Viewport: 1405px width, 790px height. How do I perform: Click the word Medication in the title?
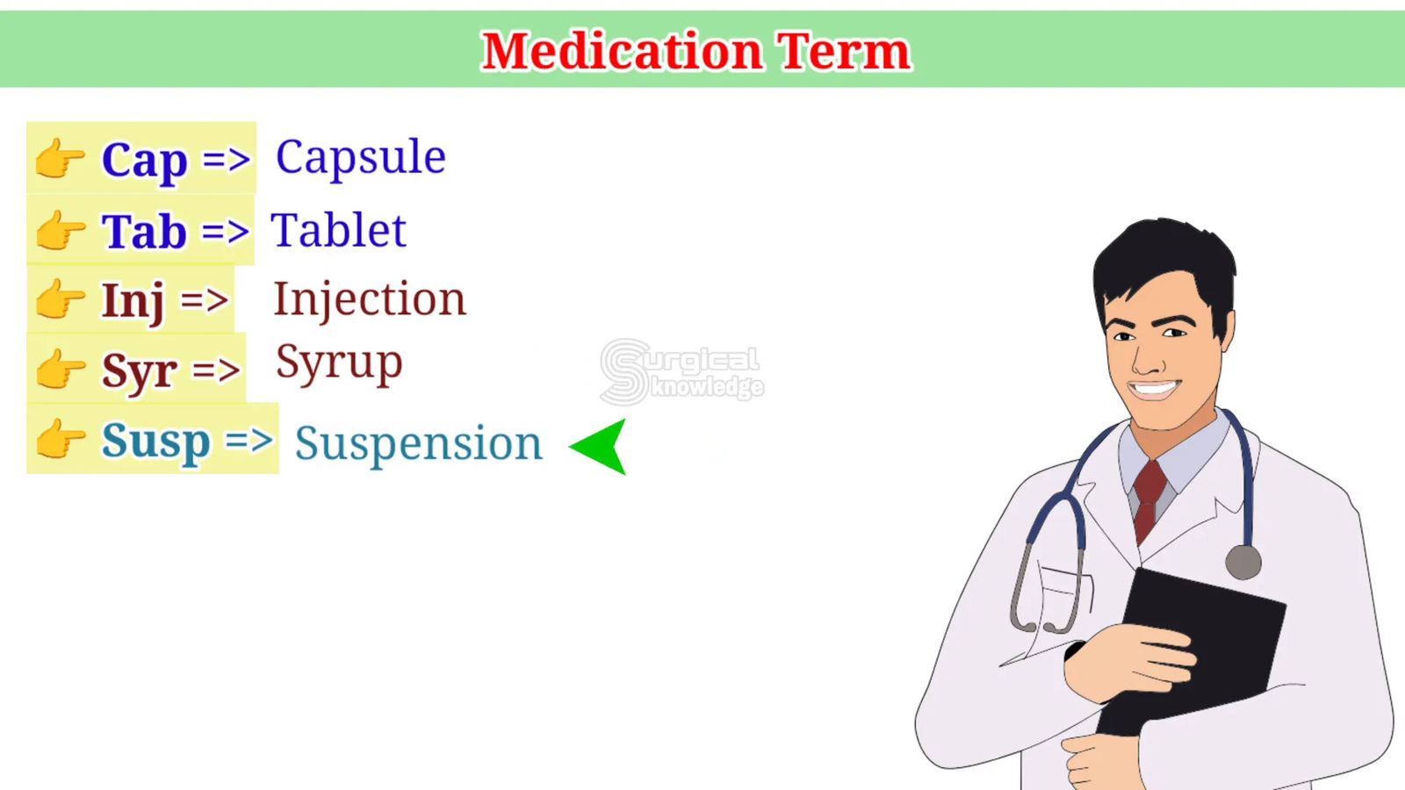click(622, 51)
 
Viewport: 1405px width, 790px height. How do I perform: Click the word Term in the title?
click(844, 51)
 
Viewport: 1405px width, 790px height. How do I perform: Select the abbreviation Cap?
click(144, 162)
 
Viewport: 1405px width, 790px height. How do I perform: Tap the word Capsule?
click(361, 158)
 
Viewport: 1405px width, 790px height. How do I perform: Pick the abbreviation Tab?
click(144, 231)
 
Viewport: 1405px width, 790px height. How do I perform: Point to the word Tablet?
click(339, 230)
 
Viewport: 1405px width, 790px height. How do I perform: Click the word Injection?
click(370, 300)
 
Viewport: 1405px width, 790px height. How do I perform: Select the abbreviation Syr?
click(140, 373)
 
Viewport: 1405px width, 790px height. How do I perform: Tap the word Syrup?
click(339, 363)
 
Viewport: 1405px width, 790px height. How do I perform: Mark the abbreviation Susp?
click(155, 443)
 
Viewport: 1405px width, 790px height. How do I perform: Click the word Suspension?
click(418, 445)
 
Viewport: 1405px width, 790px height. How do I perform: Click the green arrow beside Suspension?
click(598, 447)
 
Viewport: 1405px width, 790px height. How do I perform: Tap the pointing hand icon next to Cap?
click(61, 158)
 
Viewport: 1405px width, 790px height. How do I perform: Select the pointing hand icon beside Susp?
click(61, 438)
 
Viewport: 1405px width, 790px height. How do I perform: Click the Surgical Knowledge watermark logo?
click(681, 372)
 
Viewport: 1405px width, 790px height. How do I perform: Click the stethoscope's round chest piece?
click(1243, 562)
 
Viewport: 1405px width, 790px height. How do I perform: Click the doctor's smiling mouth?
click(1155, 390)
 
